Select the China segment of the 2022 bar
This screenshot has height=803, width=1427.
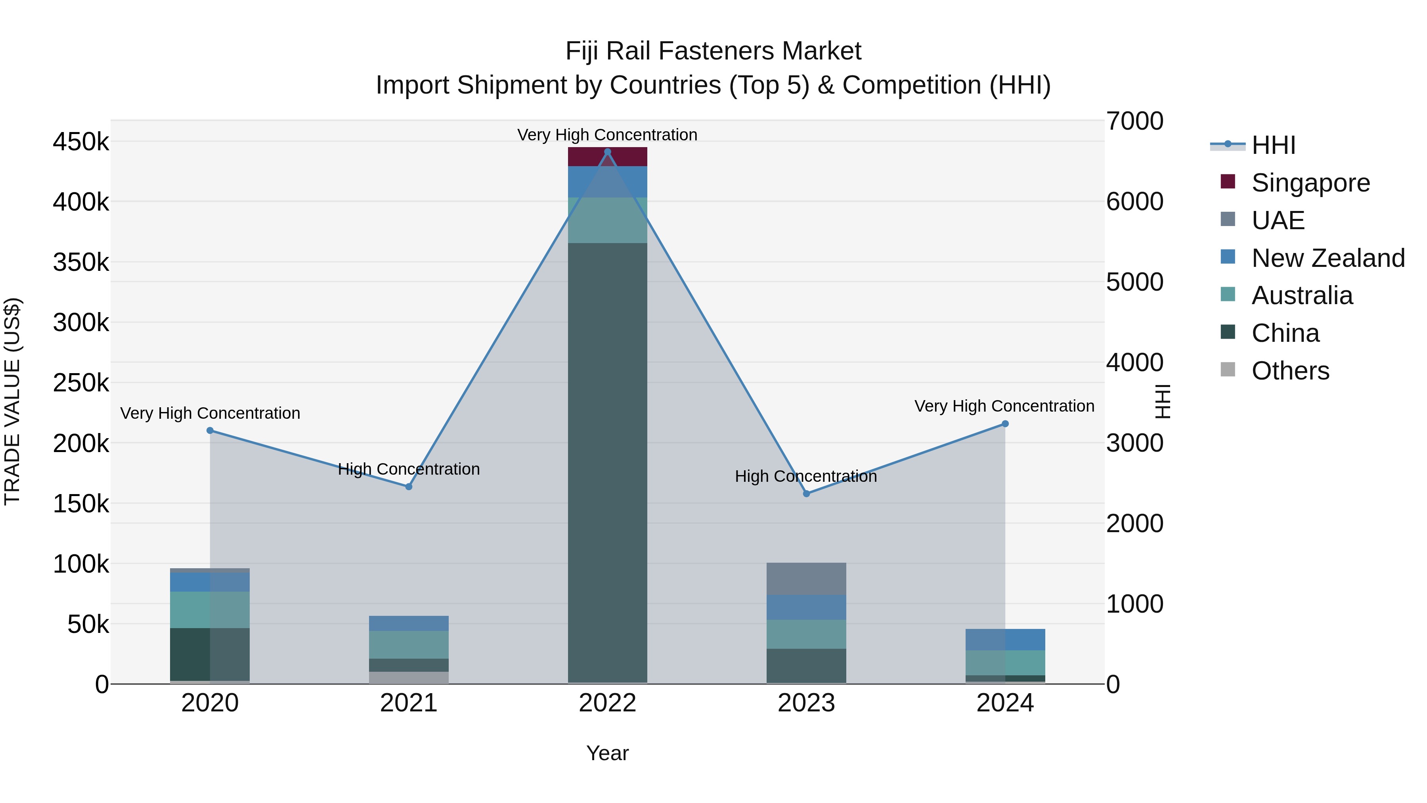[x=607, y=462]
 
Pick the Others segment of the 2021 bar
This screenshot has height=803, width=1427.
[x=409, y=677]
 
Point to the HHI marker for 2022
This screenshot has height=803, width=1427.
[x=607, y=152]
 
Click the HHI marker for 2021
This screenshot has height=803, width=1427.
[x=409, y=487]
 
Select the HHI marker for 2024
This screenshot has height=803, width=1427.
[x=1005, y=424]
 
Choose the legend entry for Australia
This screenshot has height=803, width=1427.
[x=1301, y=295]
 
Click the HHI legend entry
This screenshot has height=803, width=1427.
[x=1272, y=145]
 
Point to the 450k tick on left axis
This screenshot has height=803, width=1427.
[x=81, y=142]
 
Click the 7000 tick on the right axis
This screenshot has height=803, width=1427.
[x=1134, y=121]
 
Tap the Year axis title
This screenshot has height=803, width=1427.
[x=607, y=753]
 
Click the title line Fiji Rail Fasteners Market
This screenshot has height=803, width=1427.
[x=713, y=51]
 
